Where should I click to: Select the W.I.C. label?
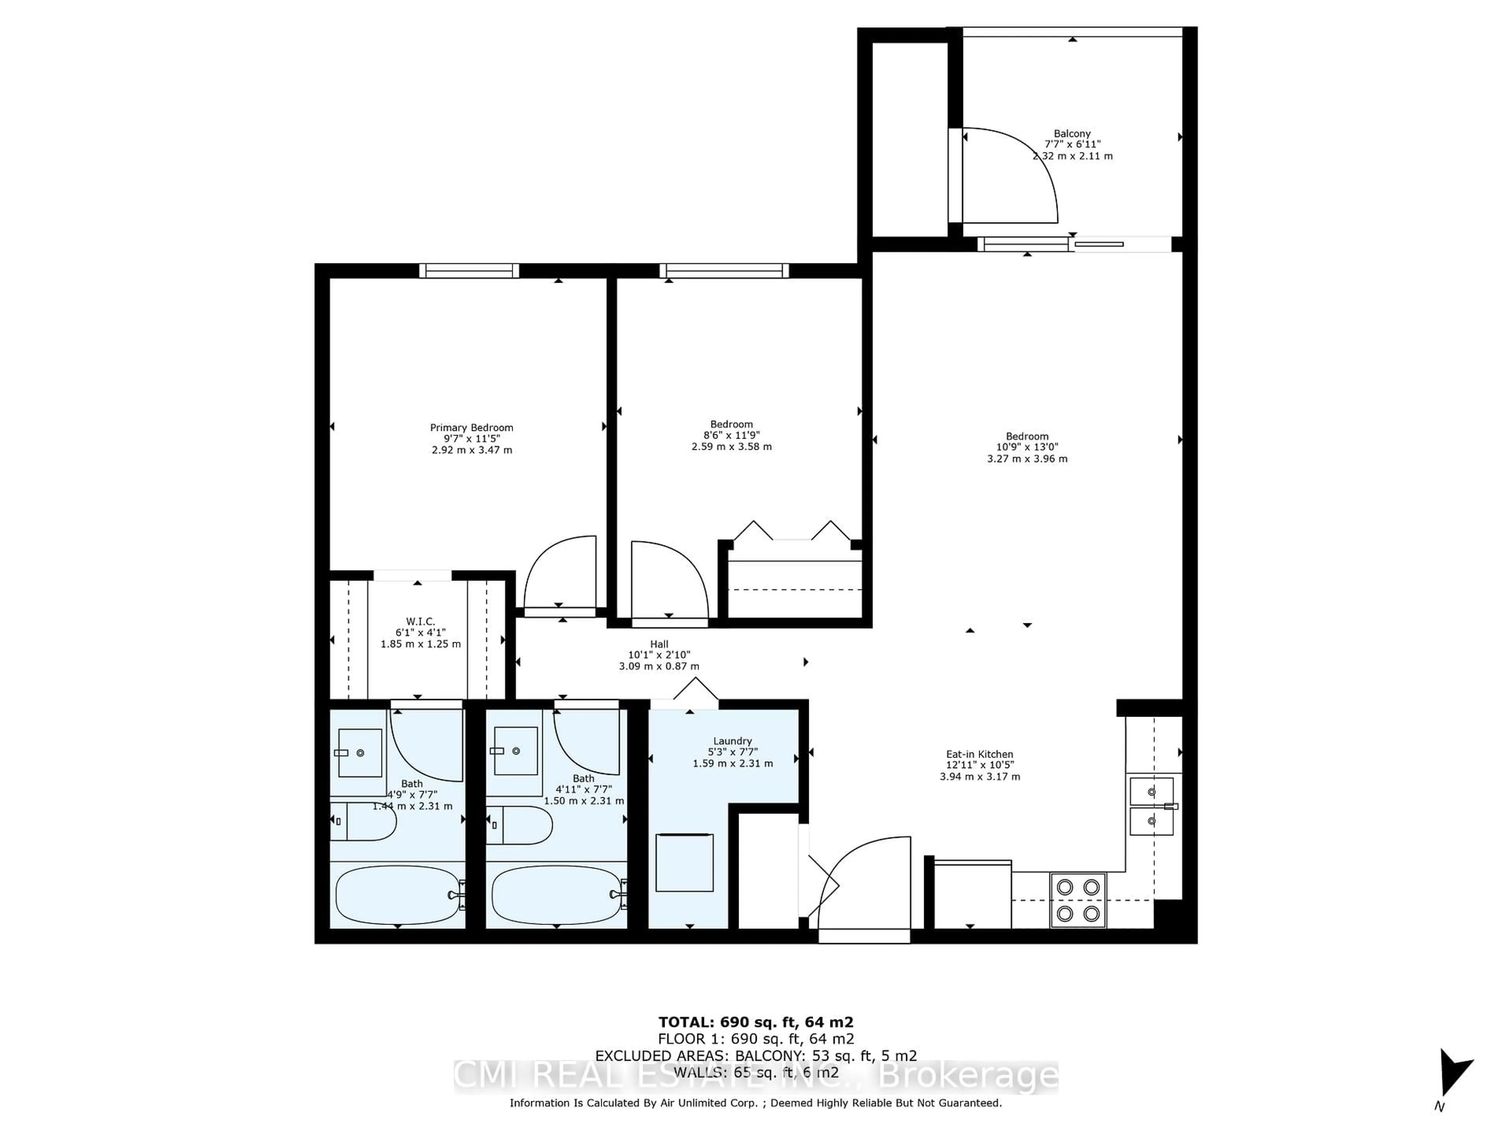click(x=421, y=621)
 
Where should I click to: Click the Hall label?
click(x=659, y=644)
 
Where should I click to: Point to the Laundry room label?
click(x=732, y=741)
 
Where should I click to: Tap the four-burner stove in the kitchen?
click(x=1078, y=900)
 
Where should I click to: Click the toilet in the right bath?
click(x=519, y=825)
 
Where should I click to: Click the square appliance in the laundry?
click(x=684, y=863)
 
